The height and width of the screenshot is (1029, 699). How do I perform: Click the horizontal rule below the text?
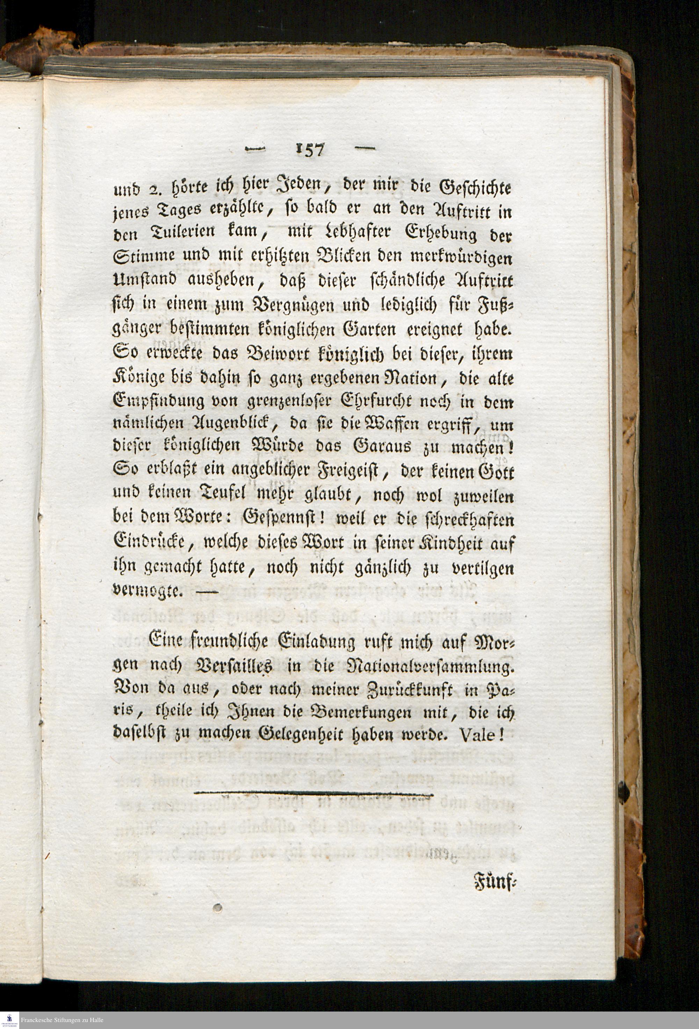314,795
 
